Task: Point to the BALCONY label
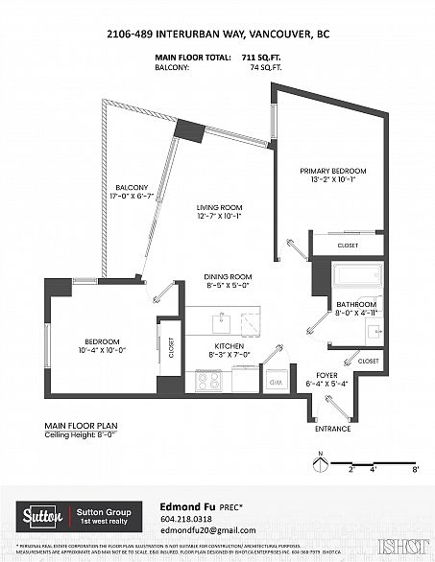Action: [132, 187]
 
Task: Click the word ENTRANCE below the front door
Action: [333, 429]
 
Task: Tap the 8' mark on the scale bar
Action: [416, 472]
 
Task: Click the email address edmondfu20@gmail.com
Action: [206, 530]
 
